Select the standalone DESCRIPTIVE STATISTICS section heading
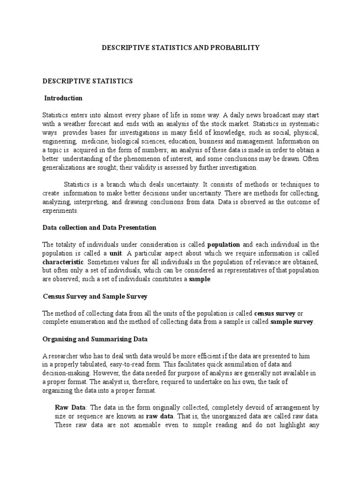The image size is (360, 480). tap(88, 81)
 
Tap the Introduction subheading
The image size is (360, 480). tap(63, 98)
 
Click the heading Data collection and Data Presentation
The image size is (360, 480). tap(99, 227)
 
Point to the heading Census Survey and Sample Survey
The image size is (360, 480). tap(95, 296)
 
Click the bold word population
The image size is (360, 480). tap(224, 245)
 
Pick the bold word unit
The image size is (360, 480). tap(116, 253)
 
